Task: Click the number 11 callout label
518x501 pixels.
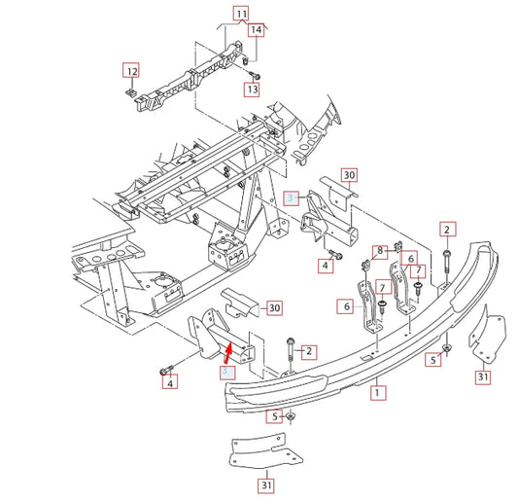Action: [240, 14]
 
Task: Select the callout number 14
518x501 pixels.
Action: [256, 30]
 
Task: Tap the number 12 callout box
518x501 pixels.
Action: [130, 70]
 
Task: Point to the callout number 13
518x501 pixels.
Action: [252, 89]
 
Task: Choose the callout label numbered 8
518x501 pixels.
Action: [381, 251]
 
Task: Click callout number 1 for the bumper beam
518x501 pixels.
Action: [379, 395]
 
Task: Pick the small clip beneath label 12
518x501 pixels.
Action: [130, 91]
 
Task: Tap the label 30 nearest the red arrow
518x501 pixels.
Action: [273, 308]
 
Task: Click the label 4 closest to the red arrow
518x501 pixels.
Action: [170, 384]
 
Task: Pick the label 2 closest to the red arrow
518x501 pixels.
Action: [308, 350]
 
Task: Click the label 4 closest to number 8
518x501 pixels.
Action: [325, 266]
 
